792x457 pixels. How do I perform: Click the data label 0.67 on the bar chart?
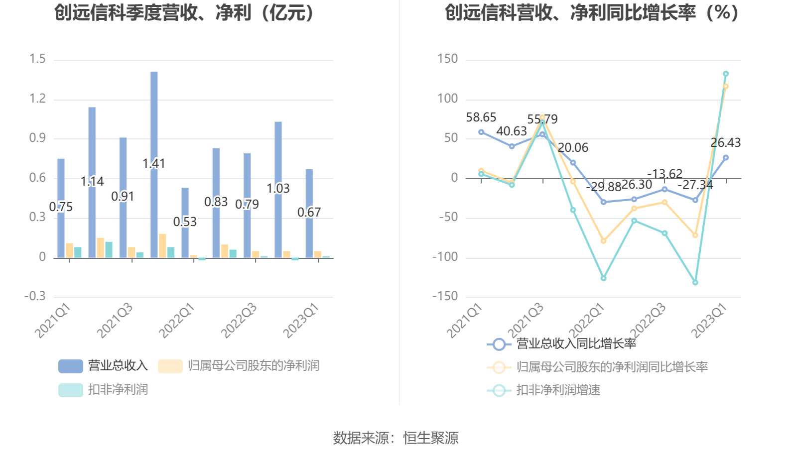309,213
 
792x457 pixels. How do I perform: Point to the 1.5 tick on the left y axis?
37,59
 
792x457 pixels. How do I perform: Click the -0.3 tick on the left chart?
35,297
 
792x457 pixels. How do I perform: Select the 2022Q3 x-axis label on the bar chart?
239,321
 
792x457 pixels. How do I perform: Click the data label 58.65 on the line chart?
481,117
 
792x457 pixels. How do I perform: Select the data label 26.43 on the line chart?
725,143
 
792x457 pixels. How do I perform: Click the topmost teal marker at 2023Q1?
726,74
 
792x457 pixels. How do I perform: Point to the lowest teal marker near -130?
695,282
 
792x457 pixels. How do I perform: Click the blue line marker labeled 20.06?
573,163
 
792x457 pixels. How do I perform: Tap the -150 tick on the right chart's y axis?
445,297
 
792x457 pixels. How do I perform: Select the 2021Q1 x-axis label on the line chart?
464,321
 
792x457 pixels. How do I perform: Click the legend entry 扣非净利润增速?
558,390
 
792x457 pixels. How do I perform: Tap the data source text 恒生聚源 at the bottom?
430,438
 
